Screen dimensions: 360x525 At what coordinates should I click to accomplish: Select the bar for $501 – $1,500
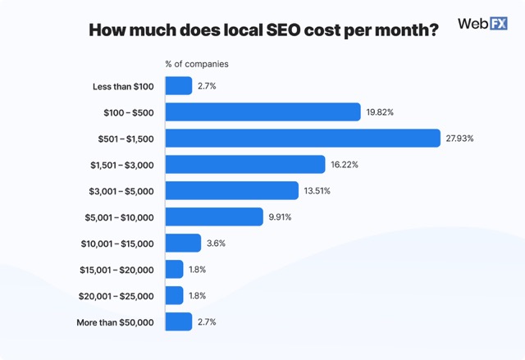[303, 138]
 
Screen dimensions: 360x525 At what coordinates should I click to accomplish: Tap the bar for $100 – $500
[263, 112]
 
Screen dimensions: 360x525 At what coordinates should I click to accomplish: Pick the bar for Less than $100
[179, 85]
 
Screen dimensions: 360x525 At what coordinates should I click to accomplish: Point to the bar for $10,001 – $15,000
[183, 243]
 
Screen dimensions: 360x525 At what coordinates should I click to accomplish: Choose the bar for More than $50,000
[179, 321]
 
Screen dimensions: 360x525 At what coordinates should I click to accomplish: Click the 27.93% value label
[460, 139]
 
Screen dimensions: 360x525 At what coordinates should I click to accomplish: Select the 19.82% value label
[381, 112]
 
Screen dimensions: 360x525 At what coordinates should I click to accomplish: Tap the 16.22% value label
[345, 165]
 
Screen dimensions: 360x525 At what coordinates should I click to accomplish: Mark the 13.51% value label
[317, 191]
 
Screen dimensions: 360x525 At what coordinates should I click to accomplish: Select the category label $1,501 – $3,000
[121, 165]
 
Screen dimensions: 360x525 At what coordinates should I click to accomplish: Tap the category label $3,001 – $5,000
[121, 191]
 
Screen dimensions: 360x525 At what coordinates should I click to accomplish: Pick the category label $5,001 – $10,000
[119, 217]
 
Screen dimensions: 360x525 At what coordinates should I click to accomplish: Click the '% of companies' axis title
[197, 63]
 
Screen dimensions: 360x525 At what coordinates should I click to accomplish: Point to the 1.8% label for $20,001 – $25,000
[199, 296]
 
